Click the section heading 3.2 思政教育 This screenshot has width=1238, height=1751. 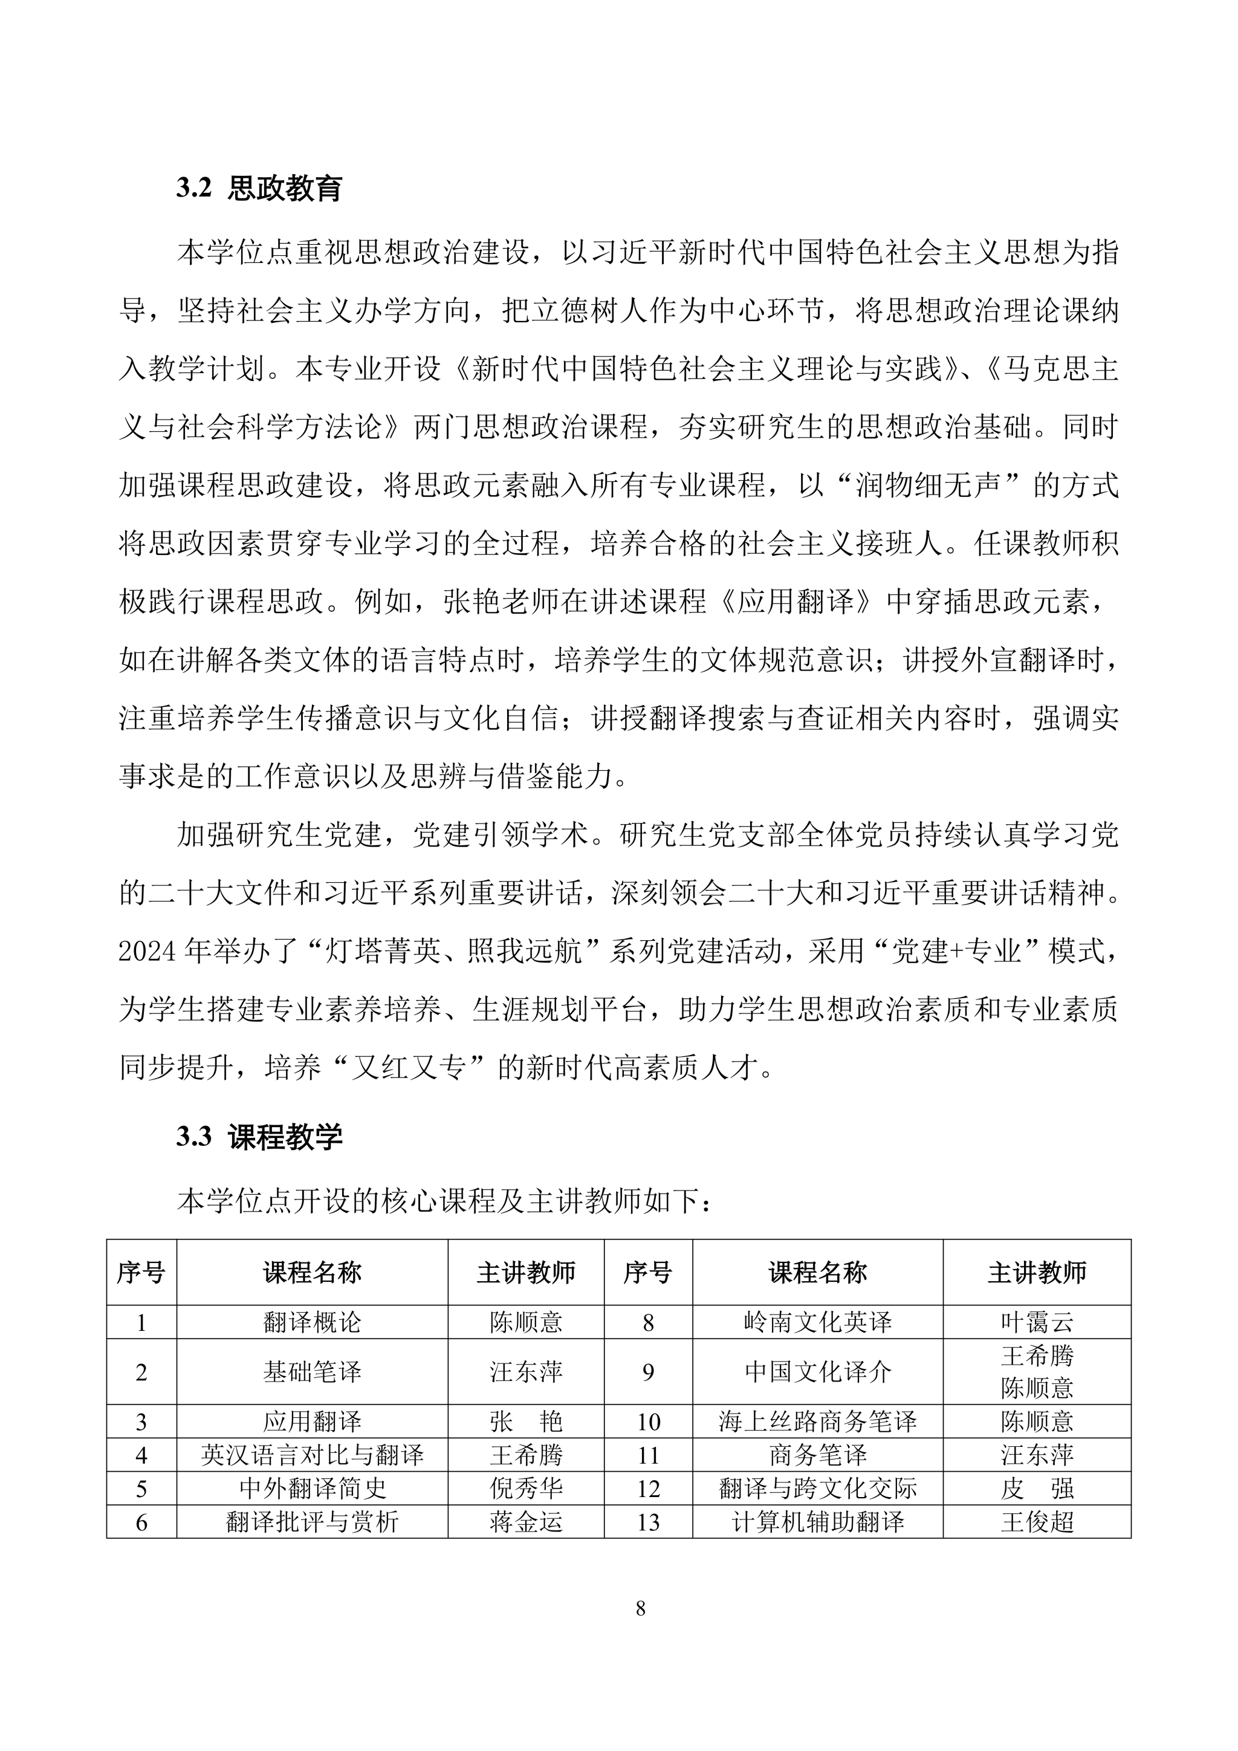(259, 189)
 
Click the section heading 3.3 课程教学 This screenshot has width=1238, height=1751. (259, 1137)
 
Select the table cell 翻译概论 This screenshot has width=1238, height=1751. (312, 1322)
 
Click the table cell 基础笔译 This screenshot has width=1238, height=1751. (312, 1372)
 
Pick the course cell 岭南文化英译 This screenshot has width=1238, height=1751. (817, 1322)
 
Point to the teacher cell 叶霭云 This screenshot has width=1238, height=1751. (1037, 1322)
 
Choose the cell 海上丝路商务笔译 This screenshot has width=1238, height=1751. (817, 1421)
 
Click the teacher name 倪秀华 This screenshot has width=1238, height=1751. (526, 1488)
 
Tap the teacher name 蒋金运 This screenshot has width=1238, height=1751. (526, 1522)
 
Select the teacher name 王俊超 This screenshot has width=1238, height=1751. (1037, 1522)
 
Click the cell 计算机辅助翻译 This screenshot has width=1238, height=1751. (817, 1522)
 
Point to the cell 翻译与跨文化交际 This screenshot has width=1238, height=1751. (817, 1488)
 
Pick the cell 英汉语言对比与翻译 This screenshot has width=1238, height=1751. (312, 1455)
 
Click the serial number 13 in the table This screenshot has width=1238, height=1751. (648, 1522)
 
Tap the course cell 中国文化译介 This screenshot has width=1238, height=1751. (817, 1372)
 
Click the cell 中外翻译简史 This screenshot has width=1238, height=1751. (312, 1488)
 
